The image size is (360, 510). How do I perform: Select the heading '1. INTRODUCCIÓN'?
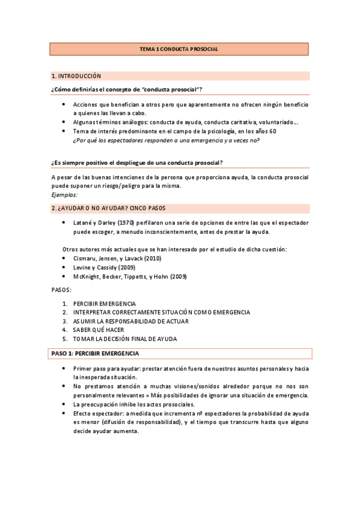[x=76, y=76]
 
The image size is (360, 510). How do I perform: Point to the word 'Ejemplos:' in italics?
[x=64, y=195]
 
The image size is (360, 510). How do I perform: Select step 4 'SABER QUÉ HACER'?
[x=99, y=330]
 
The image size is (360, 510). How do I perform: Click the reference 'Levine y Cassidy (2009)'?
[x=103, y=267]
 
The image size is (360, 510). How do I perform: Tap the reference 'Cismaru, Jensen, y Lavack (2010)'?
[x=117, y=258]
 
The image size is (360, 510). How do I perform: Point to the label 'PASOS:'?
[x=61, y=290]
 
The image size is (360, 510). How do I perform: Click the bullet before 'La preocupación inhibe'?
[x=65, y=404]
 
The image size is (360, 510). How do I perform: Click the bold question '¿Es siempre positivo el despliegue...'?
[x=138, y=162]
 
